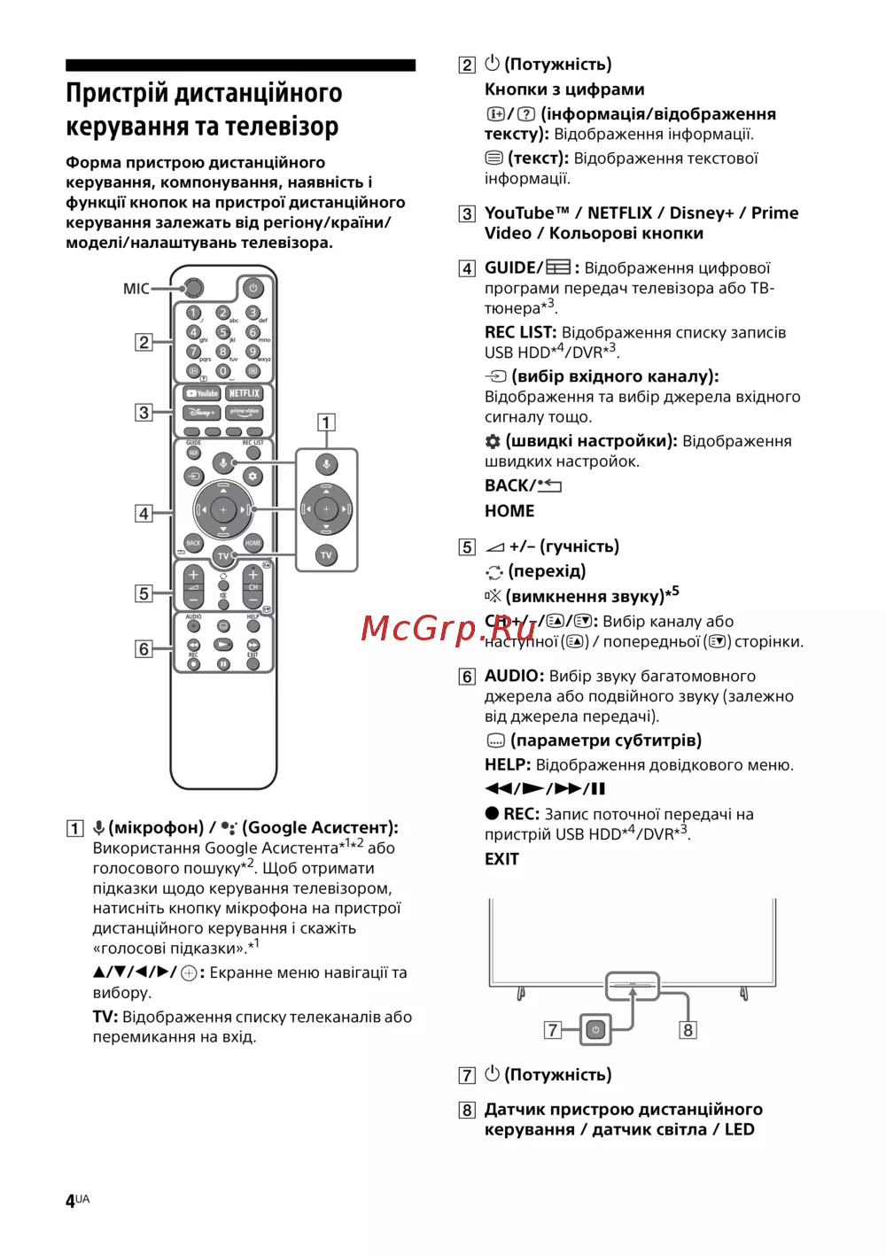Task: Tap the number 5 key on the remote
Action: click(x=223, y=331)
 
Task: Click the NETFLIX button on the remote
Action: click(x=245, y=393)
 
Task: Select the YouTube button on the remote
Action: click(x=202, y=393)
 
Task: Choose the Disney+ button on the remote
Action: click(x=202, y=413)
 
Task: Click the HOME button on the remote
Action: click(x=253, y=543)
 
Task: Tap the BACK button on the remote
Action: click(x=193, y=543)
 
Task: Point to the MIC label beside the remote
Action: click(x=136, y=289)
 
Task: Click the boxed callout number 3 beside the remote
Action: click(x=144, y=413)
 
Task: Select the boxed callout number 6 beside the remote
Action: click(x=144, y=649)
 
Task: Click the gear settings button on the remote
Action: click(x=253, y=476)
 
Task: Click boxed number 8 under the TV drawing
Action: click(x=688, y=1030)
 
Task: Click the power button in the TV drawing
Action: click(x=595, y=1029)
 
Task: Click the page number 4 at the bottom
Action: click(x=70, y=1201)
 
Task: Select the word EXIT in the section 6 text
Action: click(x=501, y=859)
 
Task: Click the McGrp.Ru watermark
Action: click(x=448, y=628)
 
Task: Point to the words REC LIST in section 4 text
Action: click(x=520, y=333)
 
